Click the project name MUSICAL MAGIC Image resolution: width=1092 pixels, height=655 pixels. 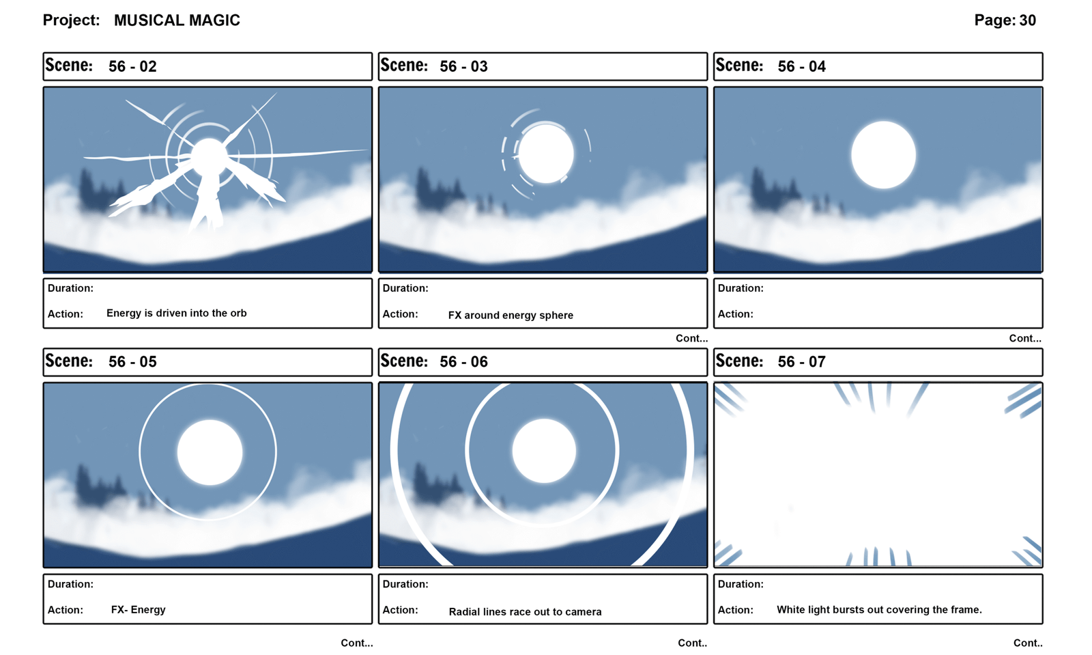(177, 20)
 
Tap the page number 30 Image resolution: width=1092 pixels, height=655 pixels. (1027, 20)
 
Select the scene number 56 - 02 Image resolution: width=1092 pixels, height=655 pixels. (132, 66)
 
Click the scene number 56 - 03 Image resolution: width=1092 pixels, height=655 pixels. (463, 66)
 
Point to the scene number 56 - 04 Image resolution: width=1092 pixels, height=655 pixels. (802, 66)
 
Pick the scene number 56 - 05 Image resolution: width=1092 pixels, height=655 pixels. (132, 362)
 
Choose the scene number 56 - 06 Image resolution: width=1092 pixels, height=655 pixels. (463, 362)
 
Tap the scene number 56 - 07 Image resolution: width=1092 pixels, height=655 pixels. (802, 362)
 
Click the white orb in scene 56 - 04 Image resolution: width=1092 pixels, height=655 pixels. (883, 154)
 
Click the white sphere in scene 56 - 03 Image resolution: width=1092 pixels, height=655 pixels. (546, 154)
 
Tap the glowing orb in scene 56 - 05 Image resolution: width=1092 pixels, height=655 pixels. (210, 452)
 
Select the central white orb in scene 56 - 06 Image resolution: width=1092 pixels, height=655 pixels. (544, 451)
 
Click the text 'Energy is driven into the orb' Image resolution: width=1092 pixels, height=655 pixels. (177, 313)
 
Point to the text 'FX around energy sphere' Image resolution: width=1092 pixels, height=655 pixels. (511, 315)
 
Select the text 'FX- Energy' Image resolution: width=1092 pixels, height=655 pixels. (139, 610)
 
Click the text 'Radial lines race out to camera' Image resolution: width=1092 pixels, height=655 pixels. (525, 611)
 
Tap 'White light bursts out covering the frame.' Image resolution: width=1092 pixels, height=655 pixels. (880, 610)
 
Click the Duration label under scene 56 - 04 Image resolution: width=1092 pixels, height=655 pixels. (741, 288)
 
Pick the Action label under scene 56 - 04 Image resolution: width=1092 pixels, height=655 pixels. (735, 314)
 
